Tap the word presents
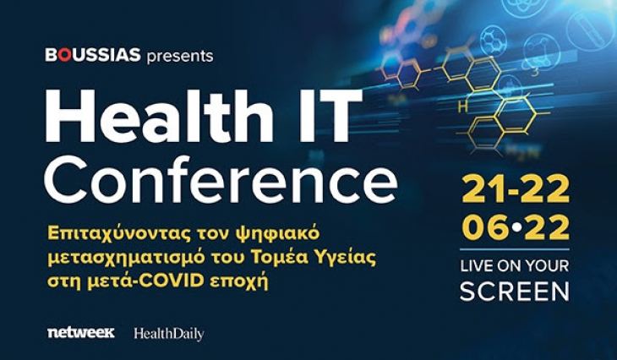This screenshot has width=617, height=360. pos(179,57)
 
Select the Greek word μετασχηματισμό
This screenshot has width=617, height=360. pos(136,256)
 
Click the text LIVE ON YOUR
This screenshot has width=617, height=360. pos(514,265)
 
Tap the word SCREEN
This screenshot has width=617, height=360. pos(514,292)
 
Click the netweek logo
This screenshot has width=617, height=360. pos(81,333)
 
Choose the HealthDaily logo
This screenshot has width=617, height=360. pos(168,334)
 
